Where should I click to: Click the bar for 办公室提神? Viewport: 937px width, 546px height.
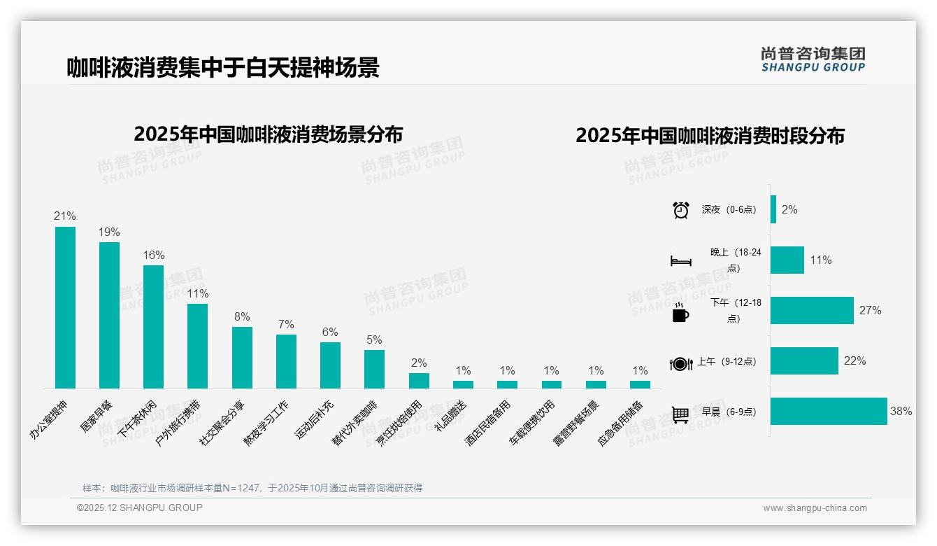coord(65,307)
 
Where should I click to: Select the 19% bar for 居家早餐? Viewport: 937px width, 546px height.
coord(109,315)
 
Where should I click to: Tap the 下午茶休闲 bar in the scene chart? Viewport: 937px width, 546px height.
coord(153,326)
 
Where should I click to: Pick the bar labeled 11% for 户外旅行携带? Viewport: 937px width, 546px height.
coord(197,346)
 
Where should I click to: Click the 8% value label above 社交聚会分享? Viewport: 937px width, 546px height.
coord(242,316)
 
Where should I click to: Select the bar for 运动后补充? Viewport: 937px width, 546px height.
coord(330,365)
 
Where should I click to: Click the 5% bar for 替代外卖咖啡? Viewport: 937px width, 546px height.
coord(374,369)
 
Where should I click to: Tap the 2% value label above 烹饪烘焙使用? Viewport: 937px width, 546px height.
coord(419,363)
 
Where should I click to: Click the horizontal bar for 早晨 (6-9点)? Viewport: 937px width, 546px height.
coord(829,412)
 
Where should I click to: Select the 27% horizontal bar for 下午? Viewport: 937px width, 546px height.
coord(812,311)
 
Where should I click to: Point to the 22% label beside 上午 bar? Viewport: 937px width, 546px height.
coord(854,361)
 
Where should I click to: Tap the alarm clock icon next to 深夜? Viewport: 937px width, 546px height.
coord(681,210)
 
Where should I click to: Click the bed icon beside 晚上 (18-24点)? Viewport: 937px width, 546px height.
coord(681,261)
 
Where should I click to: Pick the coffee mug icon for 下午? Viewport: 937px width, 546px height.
coord(680,314)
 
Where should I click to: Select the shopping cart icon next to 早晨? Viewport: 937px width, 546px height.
coord(680,414)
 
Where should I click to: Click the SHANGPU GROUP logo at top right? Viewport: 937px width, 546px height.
coord(813,59)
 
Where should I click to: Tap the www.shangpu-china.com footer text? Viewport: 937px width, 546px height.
coord(815,508)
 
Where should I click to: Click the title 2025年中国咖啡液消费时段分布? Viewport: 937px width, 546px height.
coord(710,136)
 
